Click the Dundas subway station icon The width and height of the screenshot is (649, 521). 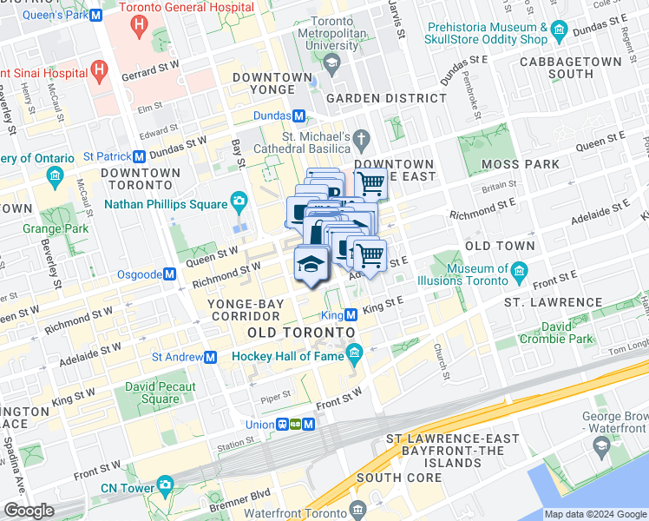click(298, 116)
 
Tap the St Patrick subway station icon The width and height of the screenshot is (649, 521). click(139, 156)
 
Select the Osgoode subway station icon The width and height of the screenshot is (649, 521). click(170, 274)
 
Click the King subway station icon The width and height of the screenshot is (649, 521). click(351, 315)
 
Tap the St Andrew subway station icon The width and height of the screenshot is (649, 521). click(210, 357)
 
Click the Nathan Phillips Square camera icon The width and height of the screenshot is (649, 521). click(238, 203)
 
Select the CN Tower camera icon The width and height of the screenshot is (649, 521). click(165, 484)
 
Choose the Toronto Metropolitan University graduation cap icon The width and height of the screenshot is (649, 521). click(330, 63)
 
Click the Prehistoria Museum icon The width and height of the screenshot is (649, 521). click(560, 33)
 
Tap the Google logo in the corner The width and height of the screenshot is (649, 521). click(29, 511)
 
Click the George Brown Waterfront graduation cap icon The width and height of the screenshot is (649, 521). click(600, 445)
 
